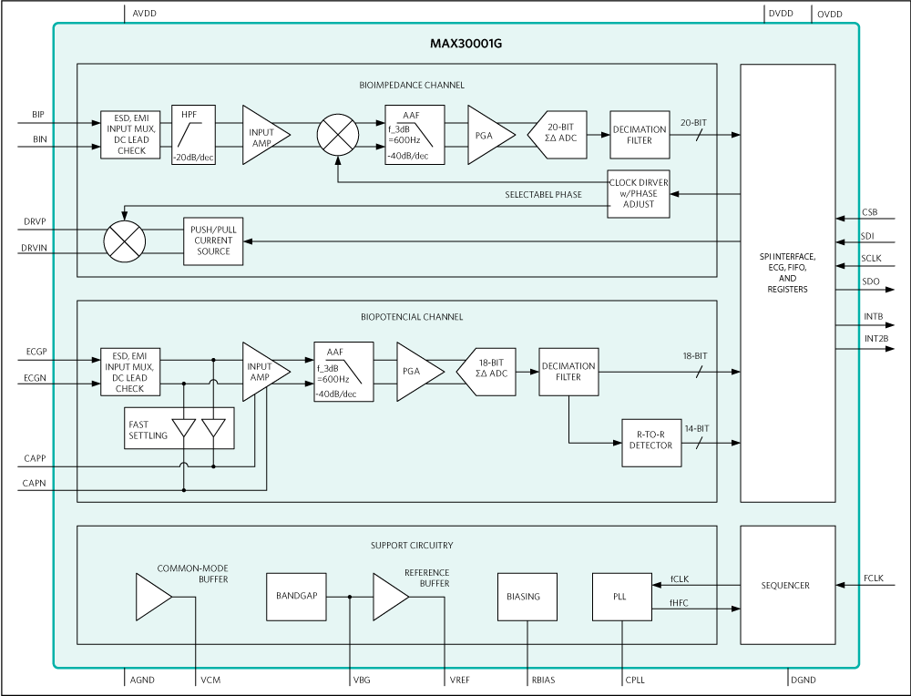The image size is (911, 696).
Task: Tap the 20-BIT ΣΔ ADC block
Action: (x=558, y=135)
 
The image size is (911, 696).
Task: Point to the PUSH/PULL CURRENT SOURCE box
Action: (x=214, y=241)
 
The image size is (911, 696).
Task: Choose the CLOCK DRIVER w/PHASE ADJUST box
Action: (x=639, y=193)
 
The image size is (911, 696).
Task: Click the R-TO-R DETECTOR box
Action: (x=650, y=443)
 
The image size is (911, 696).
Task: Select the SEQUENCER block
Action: (x=787, y=585)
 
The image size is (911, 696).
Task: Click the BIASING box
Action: (x=524, y=597)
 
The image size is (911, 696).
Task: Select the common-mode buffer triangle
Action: (x=152, y=597)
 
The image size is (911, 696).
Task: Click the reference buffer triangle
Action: (x=390, y=597)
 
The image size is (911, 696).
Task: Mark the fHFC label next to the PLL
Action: (x=680, y=603)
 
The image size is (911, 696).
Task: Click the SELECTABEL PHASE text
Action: (x=544, y=195)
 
